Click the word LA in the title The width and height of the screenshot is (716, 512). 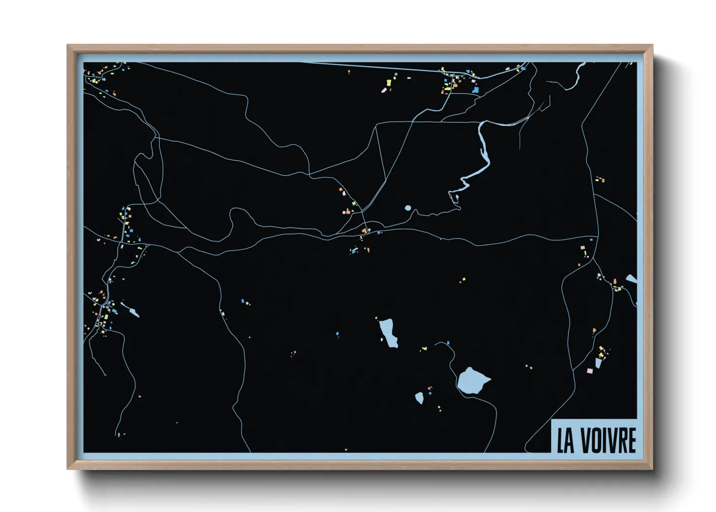pos(566,440)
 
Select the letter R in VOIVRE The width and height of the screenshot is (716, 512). pos(621,440)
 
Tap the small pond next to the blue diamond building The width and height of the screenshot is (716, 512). pos(419,398)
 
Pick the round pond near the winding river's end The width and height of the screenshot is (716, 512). pos(408,208)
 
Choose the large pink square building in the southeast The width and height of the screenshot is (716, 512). pos(590,371)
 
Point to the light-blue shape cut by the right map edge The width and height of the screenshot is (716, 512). pos(631,279)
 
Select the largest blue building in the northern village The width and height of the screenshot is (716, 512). pos(476,90)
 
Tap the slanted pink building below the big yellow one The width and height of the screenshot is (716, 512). pos(385,90)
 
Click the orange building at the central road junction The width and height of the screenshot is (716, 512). pos(365,230)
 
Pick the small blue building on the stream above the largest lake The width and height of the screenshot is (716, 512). pos(448,343)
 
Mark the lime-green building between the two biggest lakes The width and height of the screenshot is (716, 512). pos(424,348)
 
